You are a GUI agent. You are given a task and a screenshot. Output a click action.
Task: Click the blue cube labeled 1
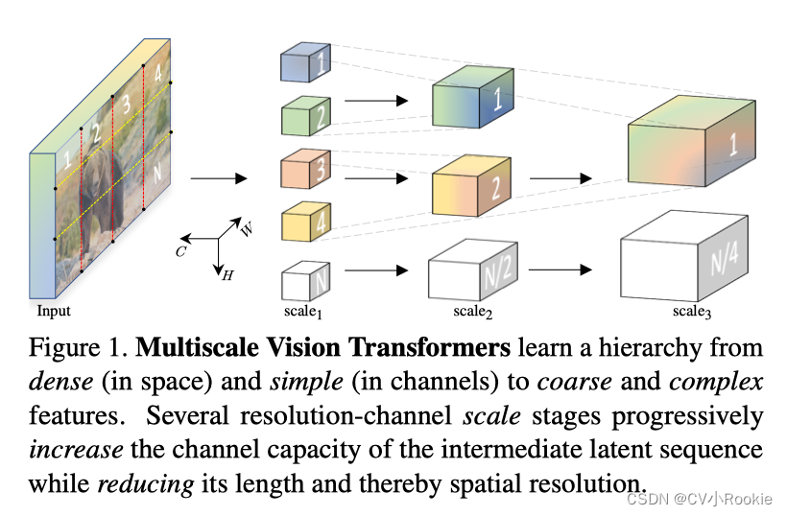[305, 63]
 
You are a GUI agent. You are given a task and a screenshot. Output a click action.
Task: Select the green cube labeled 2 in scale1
[305, 117]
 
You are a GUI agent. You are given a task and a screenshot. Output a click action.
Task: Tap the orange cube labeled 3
[305, 171]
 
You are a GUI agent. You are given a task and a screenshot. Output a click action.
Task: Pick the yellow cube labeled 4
[305, 223]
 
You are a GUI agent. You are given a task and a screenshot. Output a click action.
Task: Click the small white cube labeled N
[305, 282]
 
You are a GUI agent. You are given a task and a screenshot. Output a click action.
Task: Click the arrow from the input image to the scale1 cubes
[218, 178]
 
